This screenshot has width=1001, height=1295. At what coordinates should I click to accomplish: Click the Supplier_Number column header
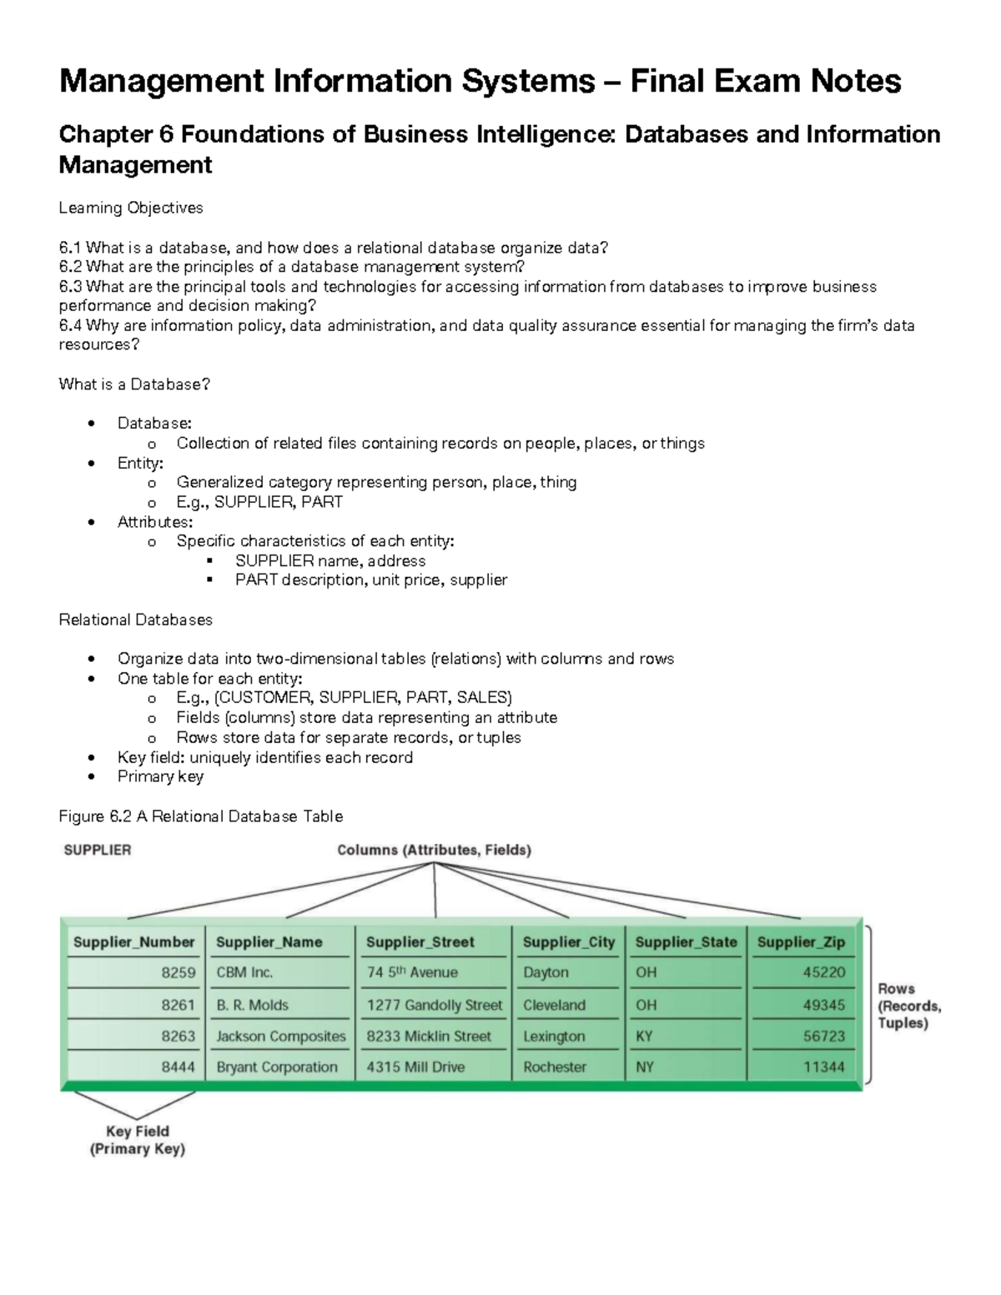pos(133,942)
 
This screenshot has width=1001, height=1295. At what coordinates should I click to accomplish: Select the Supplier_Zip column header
pos(801,942)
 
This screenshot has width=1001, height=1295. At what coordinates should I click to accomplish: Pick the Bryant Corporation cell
pos(277,1067)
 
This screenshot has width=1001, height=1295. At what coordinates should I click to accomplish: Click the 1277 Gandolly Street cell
pos(435,1006)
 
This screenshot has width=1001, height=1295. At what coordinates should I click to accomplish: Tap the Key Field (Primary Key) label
pos(138,1140)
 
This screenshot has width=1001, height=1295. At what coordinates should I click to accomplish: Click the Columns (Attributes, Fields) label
pos(434,851)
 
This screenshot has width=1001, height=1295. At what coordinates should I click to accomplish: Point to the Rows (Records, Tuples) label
pos(908,1006)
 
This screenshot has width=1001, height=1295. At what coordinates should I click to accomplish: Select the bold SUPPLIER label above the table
pos(98,851)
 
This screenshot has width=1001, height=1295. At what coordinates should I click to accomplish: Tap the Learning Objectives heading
pos(131,208)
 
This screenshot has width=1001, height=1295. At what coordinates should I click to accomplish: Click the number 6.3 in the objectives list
pos(70,287)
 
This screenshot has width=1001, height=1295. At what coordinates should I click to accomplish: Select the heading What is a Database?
pos(134,384)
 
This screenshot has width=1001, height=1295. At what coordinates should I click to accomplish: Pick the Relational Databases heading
pos(135,620)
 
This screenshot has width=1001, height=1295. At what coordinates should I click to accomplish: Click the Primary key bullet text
pos(160,776)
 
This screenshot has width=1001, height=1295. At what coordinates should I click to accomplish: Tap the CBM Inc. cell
pos(244,972)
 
